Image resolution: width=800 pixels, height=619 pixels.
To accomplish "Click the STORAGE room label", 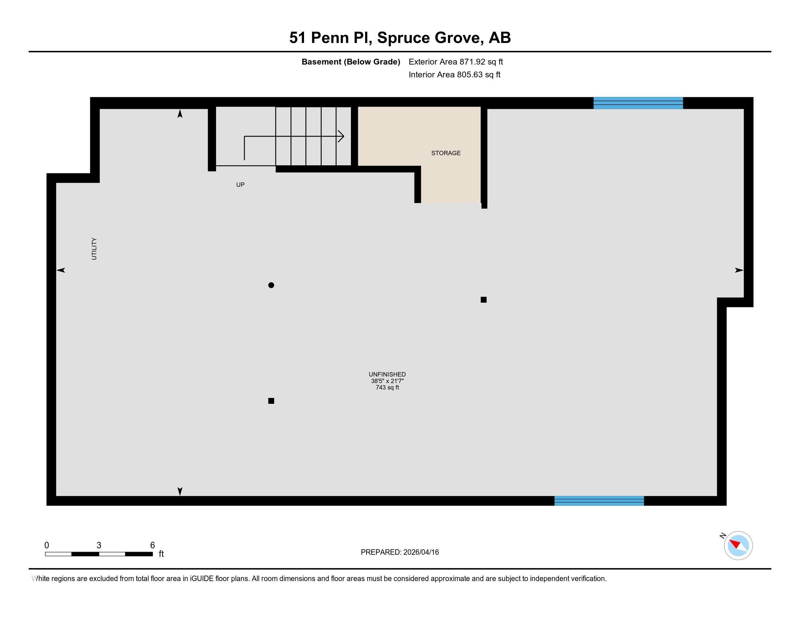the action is (446, 153).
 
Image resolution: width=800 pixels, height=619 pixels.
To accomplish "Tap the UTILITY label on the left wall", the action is (94, 249).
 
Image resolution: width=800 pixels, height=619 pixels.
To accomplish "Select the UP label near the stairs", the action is (240, 185).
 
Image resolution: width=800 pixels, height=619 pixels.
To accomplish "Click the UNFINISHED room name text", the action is (387, 374).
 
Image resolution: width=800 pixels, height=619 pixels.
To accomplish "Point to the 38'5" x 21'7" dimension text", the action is (387, 381).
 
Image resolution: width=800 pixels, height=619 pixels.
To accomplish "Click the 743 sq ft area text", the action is (387, 387).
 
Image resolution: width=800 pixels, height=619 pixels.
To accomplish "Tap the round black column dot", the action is (271, 285).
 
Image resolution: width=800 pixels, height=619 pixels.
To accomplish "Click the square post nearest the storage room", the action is (484, 300).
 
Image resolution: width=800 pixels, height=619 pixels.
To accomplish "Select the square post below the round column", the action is (271, 401).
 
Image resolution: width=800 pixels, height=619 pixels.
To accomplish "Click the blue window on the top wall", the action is (638, 103).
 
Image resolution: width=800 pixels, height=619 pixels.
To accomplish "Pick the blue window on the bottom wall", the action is (599, 501).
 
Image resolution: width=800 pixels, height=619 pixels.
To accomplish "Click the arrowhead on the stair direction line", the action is (341, 137).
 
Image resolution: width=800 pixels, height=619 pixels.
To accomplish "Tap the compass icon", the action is (738, 545).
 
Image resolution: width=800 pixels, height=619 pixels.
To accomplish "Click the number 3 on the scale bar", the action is (99, 545).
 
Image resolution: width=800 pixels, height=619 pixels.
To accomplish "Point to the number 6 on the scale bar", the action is (152, 545).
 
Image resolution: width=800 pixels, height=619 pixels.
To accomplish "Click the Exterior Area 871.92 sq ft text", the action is (456, 62).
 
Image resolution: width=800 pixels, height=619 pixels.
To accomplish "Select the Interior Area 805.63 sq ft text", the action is (455, 74).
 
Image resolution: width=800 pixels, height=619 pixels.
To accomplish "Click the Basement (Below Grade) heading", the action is (351, 62).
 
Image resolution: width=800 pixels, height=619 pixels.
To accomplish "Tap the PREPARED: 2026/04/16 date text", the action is (400, 552).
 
